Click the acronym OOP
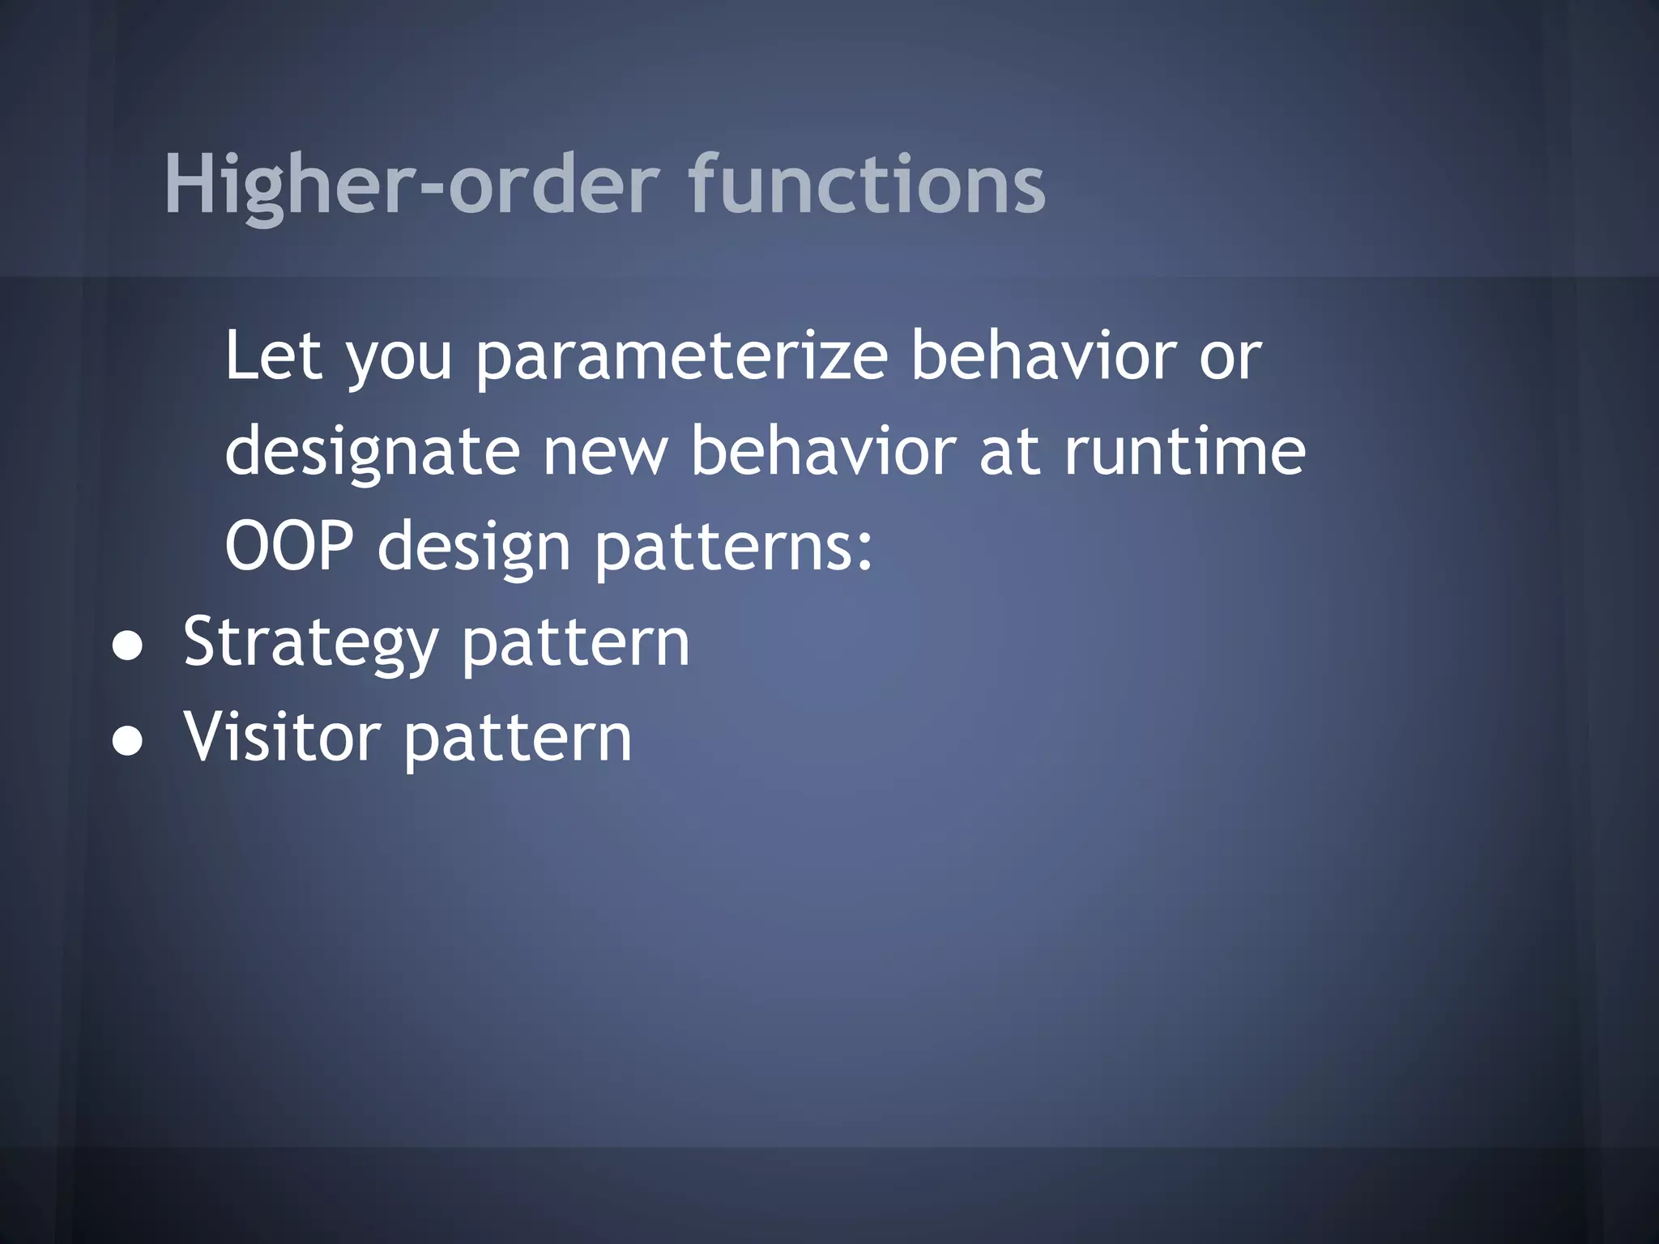(289, 546)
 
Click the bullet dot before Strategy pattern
(128, 645)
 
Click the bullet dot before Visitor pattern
(128, 740)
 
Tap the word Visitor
(281, 737)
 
